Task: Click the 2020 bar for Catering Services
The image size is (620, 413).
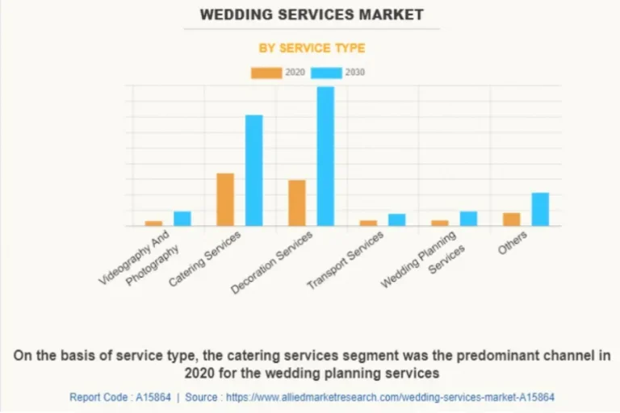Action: click(x=225, y=199)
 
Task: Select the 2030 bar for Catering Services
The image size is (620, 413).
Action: click(x=254, y=170)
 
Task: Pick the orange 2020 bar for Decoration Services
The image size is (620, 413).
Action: click(x=297, y=202)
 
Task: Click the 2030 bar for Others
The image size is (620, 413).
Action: click(x=540, y=209)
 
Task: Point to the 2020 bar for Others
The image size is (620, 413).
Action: click(x=512, y=219)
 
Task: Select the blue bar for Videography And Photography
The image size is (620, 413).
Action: click(x=182, y=219)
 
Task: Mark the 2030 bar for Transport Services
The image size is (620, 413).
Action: click(x=396, y=219)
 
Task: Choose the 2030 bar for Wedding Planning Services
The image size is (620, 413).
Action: click(x=468, y=219)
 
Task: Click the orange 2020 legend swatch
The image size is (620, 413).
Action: click(x=266, y=73)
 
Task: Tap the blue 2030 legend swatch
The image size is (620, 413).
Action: click(x=327, y=73)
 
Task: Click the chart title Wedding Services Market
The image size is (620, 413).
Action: click(x=311, y=15)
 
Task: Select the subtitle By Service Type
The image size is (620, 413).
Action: click(x=311, y=48)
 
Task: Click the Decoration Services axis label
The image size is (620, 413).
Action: click(x=272, y=262)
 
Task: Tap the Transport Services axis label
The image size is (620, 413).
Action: click(x=346, y=261)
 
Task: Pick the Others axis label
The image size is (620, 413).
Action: click(x=513, y=242)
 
